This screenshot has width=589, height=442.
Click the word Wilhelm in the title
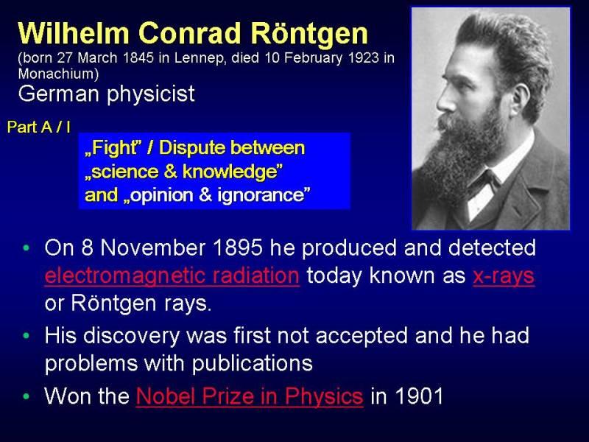(x=74, y=33)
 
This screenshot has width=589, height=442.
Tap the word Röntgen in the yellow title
(x=309, y=34)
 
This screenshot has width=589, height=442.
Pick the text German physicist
(x=106, y=94)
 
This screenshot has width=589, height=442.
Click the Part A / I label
(x=38, y=127)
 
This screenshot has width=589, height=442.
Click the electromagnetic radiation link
(x=172, y=276)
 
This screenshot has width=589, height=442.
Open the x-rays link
(x=504, y=276)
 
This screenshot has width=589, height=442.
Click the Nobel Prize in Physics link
(x=250, y=396)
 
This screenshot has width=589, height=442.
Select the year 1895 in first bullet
(x=237, y=248)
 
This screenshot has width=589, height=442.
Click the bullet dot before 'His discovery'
(x=27, y=336)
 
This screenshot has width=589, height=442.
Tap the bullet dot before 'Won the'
(x=27, y=396)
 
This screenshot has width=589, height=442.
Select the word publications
(x=253, y=363)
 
